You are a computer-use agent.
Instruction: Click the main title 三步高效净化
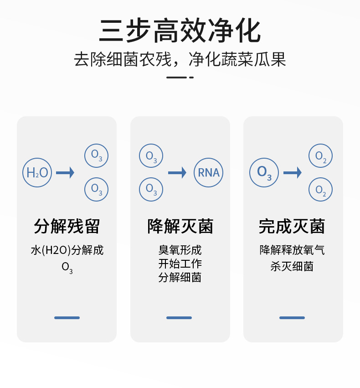180,31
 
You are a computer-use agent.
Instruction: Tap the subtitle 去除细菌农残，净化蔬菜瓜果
180,60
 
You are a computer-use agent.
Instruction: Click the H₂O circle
37,173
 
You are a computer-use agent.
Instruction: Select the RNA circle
209,173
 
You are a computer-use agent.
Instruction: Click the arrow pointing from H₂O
65,173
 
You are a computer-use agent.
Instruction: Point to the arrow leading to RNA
177,173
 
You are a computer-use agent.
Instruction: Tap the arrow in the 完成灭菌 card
293,173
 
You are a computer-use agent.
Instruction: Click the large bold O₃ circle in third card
264,173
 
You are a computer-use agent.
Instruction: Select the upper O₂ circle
321,157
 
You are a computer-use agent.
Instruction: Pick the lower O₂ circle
321,189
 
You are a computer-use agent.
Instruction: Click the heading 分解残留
67,226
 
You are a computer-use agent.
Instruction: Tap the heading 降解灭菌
180,226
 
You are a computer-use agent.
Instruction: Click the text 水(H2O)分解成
67,250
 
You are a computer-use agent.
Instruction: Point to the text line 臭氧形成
180,250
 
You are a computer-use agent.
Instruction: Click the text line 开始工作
180,264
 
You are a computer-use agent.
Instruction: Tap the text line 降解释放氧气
292,250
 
